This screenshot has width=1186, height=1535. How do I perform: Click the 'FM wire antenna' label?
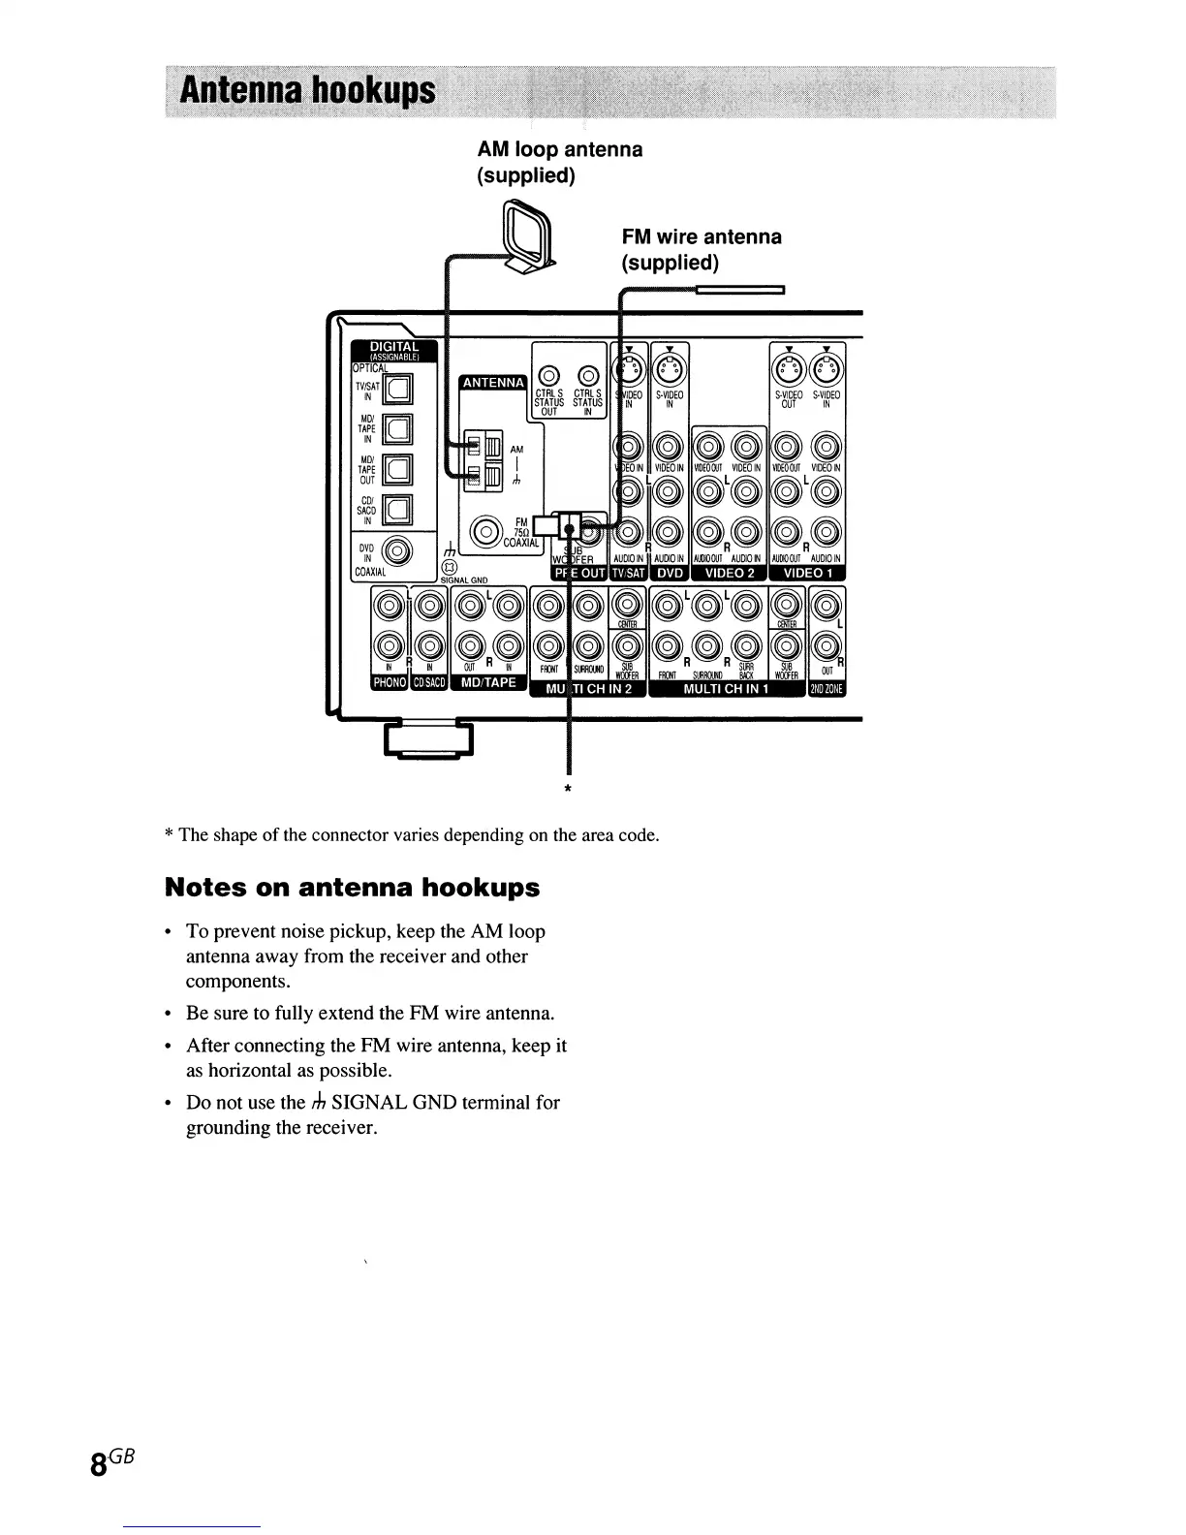point(701,237)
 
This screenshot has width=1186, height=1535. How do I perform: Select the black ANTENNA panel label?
point(493,383)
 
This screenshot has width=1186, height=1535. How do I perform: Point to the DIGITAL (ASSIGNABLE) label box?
point(391,350)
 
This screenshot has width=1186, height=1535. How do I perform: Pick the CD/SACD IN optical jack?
point(398,508)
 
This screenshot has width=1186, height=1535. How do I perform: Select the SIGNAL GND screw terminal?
point(448,567)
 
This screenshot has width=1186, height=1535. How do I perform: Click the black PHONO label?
point(390,683)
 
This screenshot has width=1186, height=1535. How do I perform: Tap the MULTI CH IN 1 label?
point(726,689)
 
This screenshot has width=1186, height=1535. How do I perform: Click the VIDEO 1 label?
point(807,573)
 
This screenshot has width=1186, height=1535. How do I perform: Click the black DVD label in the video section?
point(670,573)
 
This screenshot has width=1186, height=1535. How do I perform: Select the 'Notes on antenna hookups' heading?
point(352,888)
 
